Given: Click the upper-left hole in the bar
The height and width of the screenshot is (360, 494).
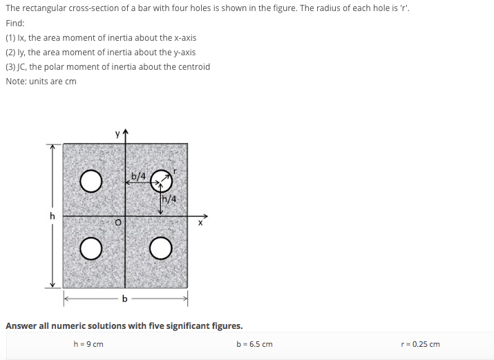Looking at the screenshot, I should [x=91, y=182].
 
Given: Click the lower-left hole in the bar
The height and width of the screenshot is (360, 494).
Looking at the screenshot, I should [x=91, y=247].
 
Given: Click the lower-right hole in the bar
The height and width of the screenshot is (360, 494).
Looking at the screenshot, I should [x=160, y=247].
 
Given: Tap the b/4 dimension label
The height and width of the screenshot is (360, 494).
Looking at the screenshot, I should [x=138, y=176].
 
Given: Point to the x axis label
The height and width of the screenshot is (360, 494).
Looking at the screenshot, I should [x=201, y=223].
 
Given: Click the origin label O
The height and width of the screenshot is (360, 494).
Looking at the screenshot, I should [x=118, y=222].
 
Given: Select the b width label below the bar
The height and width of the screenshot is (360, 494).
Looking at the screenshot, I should [x=124, y=299].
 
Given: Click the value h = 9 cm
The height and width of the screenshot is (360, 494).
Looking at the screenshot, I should [x=88, y=344].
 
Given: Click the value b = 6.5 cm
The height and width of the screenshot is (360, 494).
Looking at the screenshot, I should [x=254, y=344].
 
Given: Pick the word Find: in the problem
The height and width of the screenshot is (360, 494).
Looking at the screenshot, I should [x=15, y=23].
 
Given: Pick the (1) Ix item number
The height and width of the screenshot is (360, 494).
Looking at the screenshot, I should [x=11, y=37].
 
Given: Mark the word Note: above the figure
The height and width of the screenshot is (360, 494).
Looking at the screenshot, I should [x=17, y=82].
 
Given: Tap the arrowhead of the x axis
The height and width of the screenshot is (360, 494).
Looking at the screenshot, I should [x=205, y=215].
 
